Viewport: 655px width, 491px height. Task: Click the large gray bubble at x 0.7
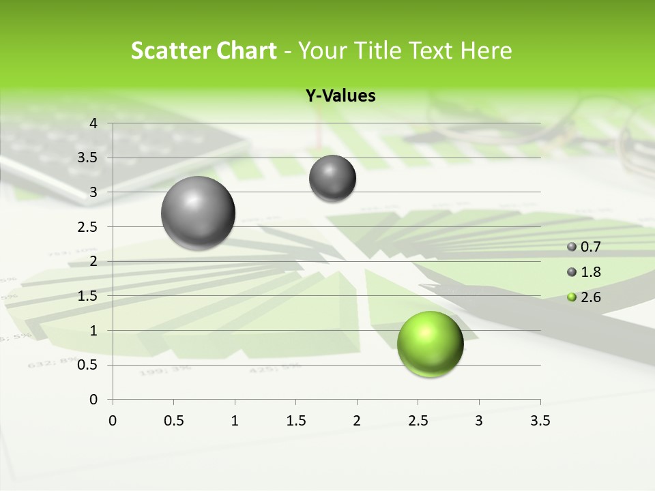(199, 213)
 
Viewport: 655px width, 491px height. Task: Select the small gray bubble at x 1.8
(332, 178)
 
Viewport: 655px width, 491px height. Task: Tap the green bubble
(430, 344)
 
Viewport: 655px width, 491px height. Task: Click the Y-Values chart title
(340, 96)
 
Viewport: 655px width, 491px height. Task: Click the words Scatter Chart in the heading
(204, 50)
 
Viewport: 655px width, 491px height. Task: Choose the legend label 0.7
(591, 247)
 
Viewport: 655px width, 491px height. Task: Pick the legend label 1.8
(591, 272)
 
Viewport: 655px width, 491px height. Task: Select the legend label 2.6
(591, 297)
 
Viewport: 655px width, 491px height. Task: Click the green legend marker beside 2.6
(572, 297)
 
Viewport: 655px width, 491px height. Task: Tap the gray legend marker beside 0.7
(572, 247)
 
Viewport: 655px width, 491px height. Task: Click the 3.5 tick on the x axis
(540, 421)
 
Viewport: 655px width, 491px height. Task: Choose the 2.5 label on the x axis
(418, 421)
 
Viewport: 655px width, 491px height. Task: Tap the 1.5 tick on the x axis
(295, 421)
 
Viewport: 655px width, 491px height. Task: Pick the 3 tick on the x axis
(479, 421)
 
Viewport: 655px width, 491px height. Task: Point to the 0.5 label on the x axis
(173, 421)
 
